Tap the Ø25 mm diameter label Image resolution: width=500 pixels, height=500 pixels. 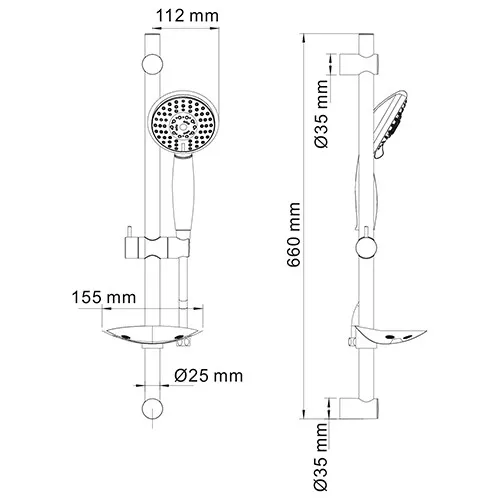click(x=208, y=375)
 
